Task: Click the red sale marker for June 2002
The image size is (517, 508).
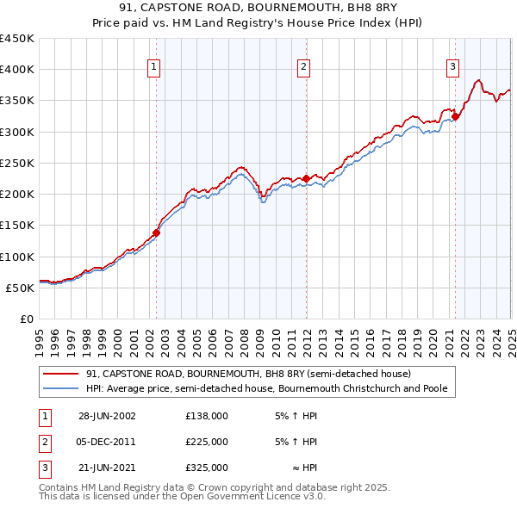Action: [x=157, y=232]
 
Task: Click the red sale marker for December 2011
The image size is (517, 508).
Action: [x=306, y=178]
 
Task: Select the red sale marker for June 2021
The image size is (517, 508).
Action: [x=455, y=116]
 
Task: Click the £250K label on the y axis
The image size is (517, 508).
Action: [x=16, y=163]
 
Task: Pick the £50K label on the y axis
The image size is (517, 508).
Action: [x=20, y=288]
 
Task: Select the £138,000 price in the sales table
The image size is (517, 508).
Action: [x=207, y=416]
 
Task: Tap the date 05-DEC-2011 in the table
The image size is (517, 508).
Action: [x=107, y=442]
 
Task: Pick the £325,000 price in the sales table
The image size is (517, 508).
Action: [x=207, y=468]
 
